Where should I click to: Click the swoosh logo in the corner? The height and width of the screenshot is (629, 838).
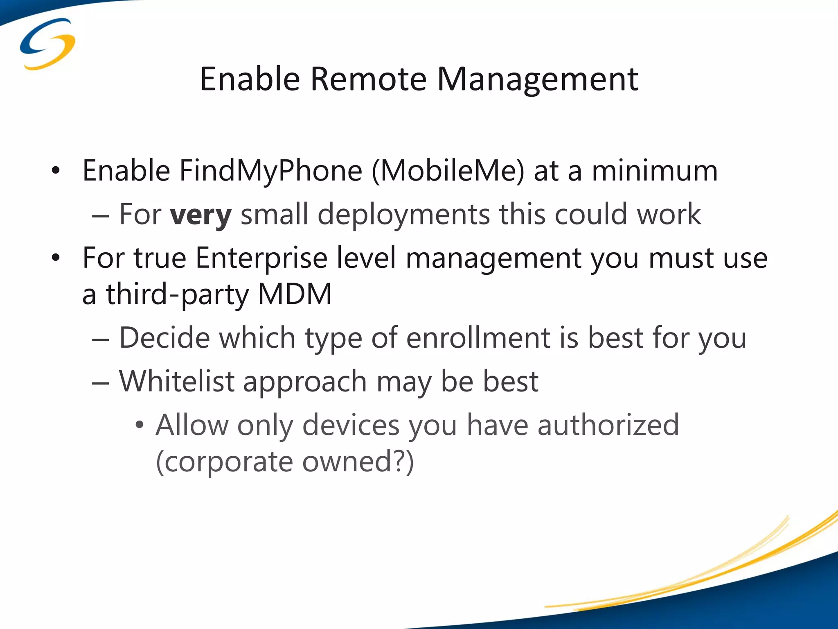coord(47,44)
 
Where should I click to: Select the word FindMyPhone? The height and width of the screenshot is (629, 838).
coord(271,171)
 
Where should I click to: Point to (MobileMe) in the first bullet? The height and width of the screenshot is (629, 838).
coord(448,171)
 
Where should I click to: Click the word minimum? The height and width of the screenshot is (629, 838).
coord(655,170)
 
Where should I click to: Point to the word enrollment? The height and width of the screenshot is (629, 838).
coord(478,338)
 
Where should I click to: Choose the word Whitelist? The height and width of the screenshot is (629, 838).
coord(177,381)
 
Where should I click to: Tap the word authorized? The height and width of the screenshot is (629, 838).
coord(608,425)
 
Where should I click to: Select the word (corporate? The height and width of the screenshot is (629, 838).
coord(224,462)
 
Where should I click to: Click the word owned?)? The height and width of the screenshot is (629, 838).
coord(358,462)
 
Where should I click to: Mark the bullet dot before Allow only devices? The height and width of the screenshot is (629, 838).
coord(140,425)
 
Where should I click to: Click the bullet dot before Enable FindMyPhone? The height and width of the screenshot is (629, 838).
coord(56,170)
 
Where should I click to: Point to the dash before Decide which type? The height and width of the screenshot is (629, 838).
coord(100,339)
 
